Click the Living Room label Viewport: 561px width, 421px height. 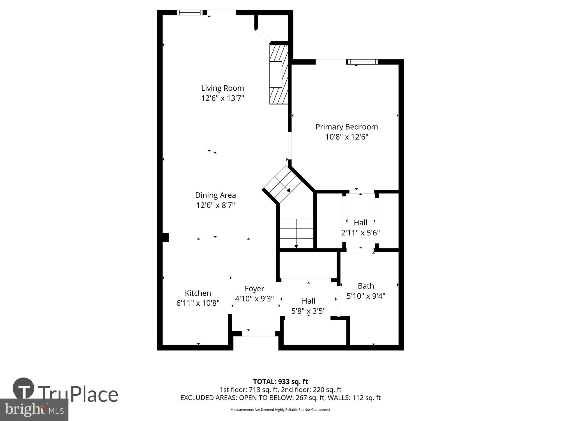pyautogui.click(x=222, y=88)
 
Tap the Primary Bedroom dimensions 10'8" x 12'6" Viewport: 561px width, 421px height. pyautogui.click(x=346, y=137)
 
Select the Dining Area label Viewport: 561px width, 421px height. pyautogui.click(x=215, y=195)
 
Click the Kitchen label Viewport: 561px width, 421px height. pyautogui.click(x=198, y=293)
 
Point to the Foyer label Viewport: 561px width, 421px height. pyautogui.click(x=254, y=289)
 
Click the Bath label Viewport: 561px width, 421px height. pyautogui.click(x=366, y=286)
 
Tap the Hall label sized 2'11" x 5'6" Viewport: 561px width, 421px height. pyautogui.click(x=360, y=223)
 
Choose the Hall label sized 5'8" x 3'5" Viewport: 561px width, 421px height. pyautogui.click(x=308, y=301)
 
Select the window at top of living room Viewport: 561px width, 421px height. pyautogui.click(x=190, y=12)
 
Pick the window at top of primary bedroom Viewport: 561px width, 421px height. pyautogui.click(x=362, y=62)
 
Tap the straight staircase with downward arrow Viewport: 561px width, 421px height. pyautogui.click(x=296, y=233)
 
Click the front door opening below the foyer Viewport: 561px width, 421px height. pyautogui.click(x=259, y=333)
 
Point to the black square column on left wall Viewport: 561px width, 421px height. pyautogui.click(x=165, y=237)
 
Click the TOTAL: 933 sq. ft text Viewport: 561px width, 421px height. pyautogui.click(x=280, y=382)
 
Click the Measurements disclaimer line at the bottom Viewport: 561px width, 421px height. pyautogui.click(x=280, y=410)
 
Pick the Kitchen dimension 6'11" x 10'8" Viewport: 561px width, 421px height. pyautogui.click(x=198, y=303)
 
